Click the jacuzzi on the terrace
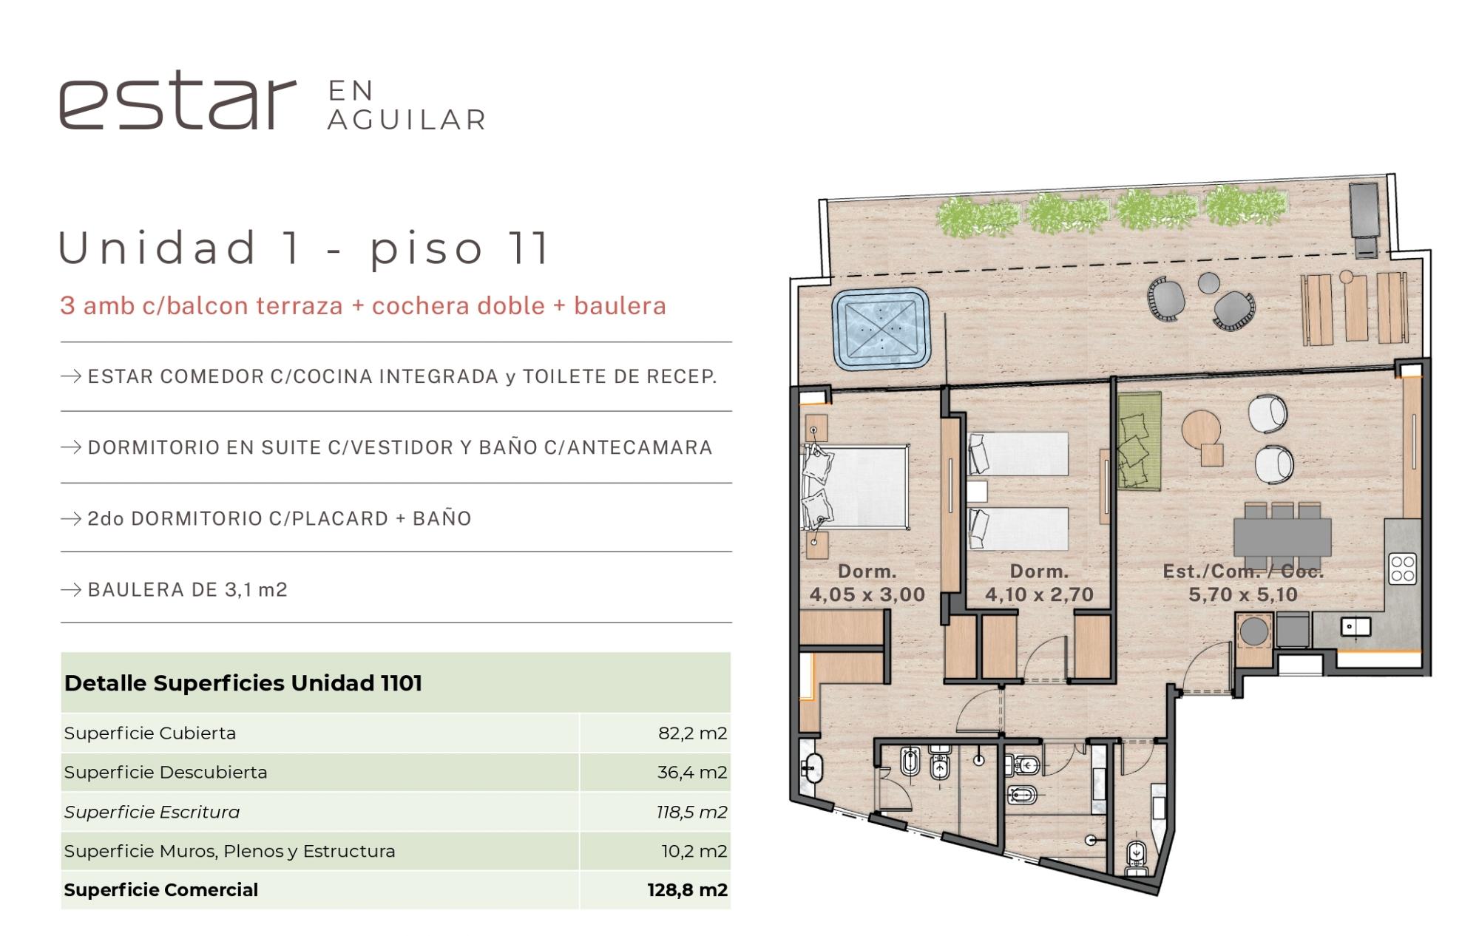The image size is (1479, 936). [x=881, y=328]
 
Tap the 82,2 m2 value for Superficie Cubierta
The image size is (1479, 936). [x=692, y=733]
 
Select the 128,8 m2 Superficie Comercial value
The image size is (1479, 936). [x=687, y=889]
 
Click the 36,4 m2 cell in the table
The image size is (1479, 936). [x=692, y=773]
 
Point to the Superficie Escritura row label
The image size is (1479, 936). [x=152, y=812]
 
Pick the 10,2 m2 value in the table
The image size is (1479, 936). [x=694, y=851]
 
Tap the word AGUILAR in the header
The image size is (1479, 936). [x=407, y=120]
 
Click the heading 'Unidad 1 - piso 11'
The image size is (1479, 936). [x=304, y=248]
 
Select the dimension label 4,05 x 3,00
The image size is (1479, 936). [x=867, y=594]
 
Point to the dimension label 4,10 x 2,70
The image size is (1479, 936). [x=1039, y=594]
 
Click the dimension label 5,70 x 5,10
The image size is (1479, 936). [x=1243, y=594]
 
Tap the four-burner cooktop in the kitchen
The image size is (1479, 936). [x=1402, y=569]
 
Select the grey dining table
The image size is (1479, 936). [x=1282, y=535]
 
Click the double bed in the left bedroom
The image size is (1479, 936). [x=856, y=486]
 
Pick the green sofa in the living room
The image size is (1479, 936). [x=1138, y=441]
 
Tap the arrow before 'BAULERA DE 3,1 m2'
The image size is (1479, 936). [x=71, y=590]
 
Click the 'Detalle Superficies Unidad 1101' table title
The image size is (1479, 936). [x=243, y=683]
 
